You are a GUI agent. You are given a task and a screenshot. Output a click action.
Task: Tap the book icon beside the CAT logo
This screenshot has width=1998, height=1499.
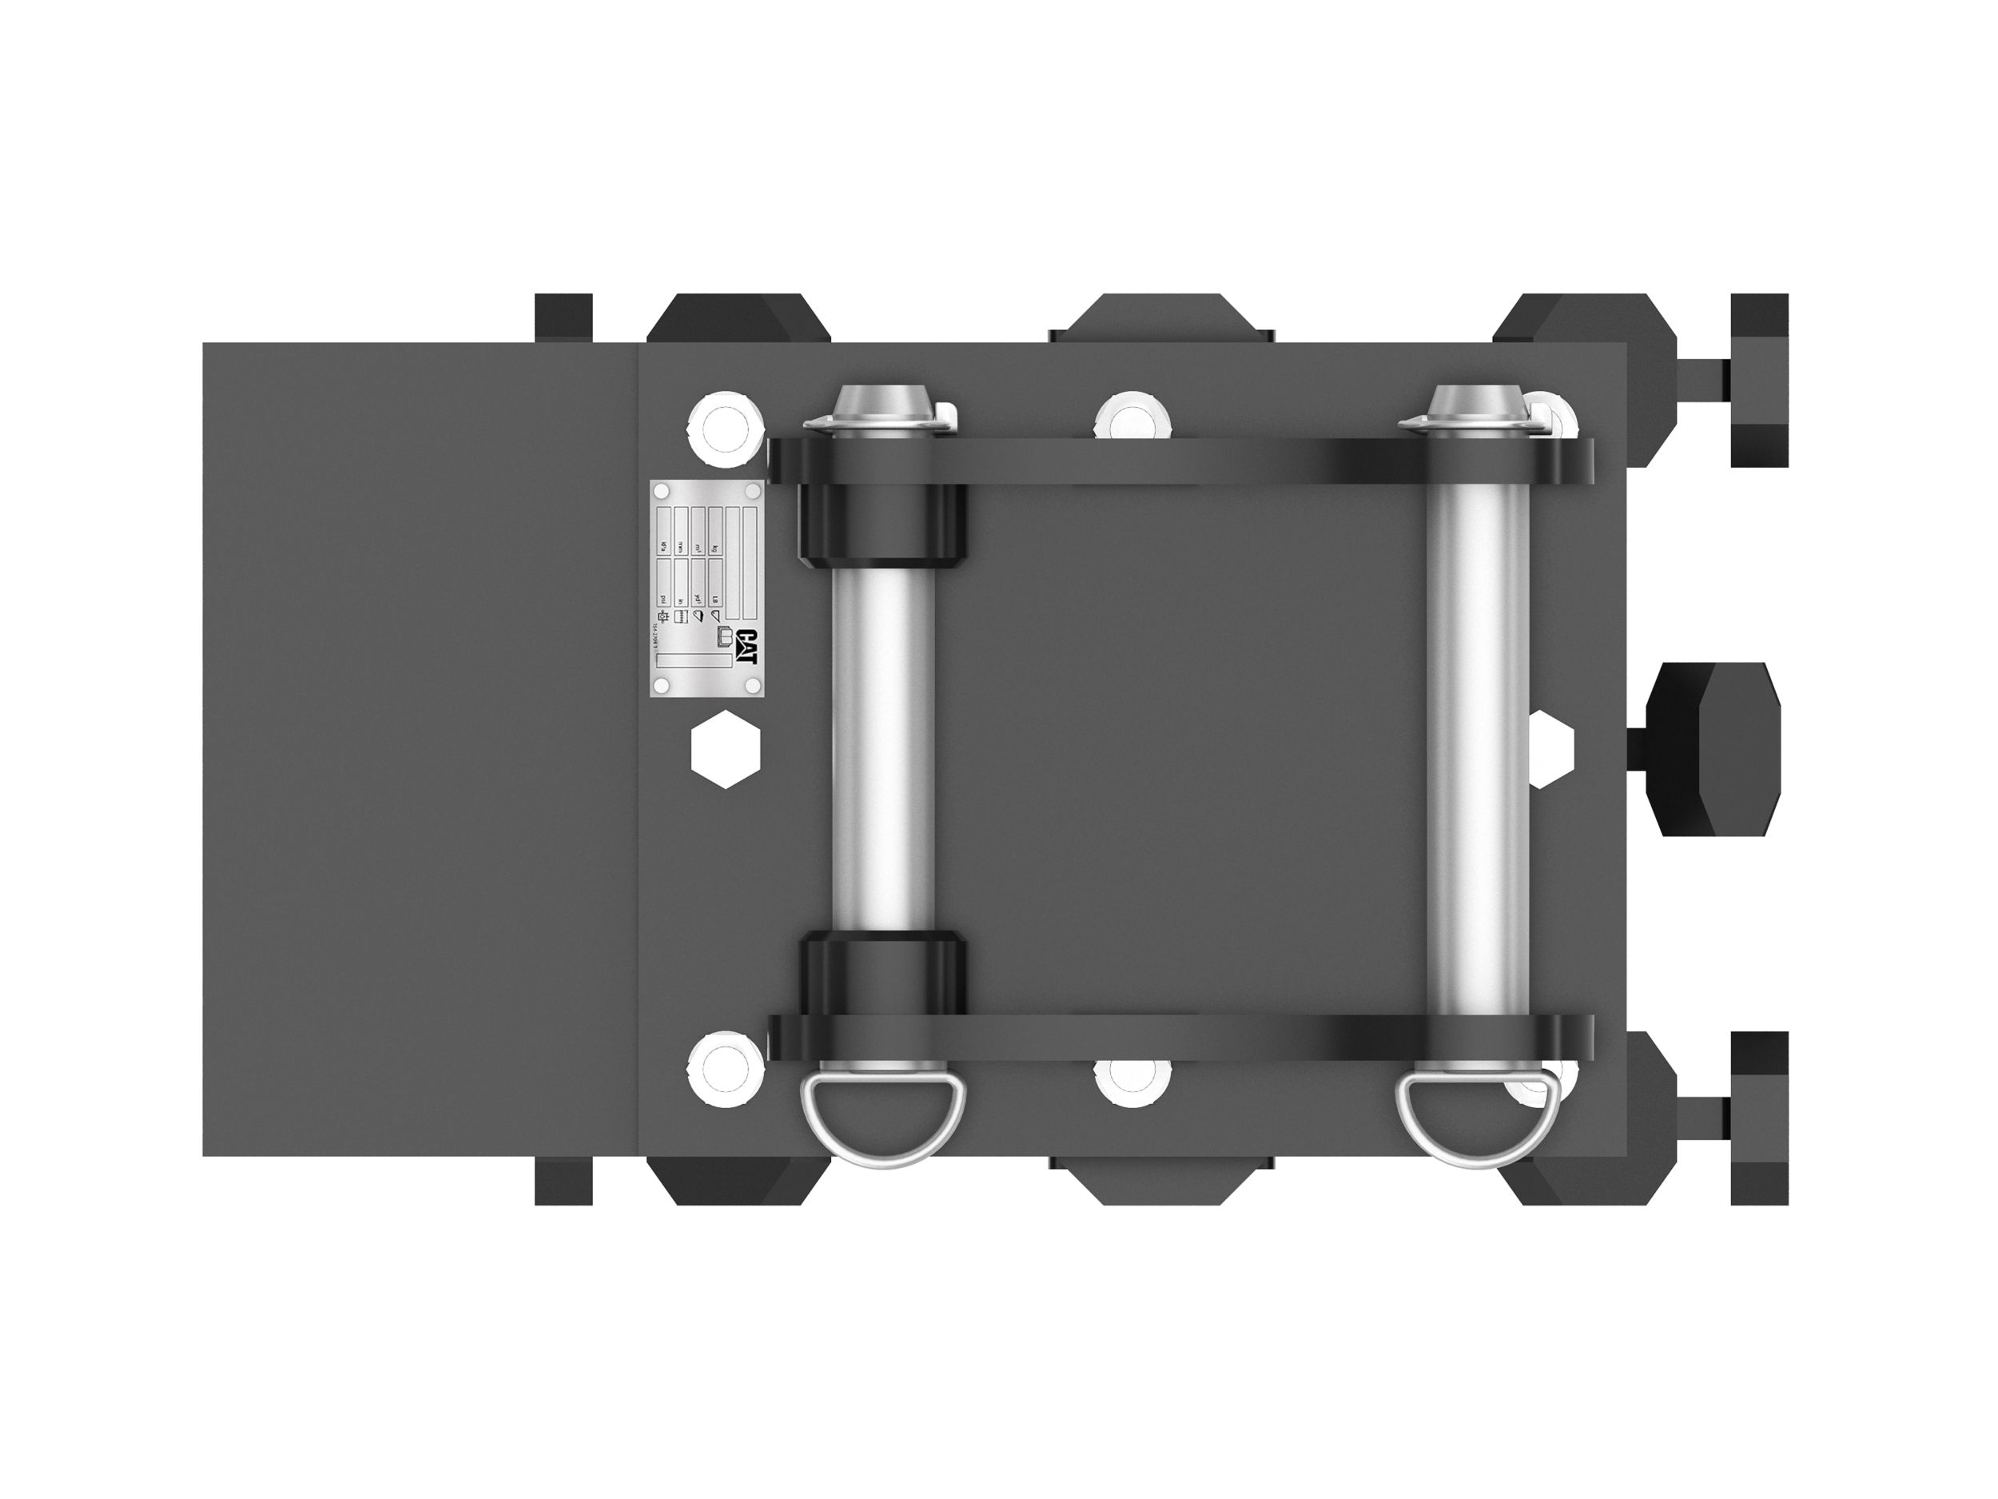pos(726,640)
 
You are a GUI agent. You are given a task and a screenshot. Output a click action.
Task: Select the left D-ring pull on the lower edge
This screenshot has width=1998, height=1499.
pos(882,1122)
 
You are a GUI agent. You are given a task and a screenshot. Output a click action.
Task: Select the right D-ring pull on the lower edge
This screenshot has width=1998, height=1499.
pos(1477,1122)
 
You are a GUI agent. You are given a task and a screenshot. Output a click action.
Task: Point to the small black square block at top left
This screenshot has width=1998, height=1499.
pos(563,317)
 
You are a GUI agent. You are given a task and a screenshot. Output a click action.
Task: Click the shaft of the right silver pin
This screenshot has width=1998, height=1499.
pos(1478,750)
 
